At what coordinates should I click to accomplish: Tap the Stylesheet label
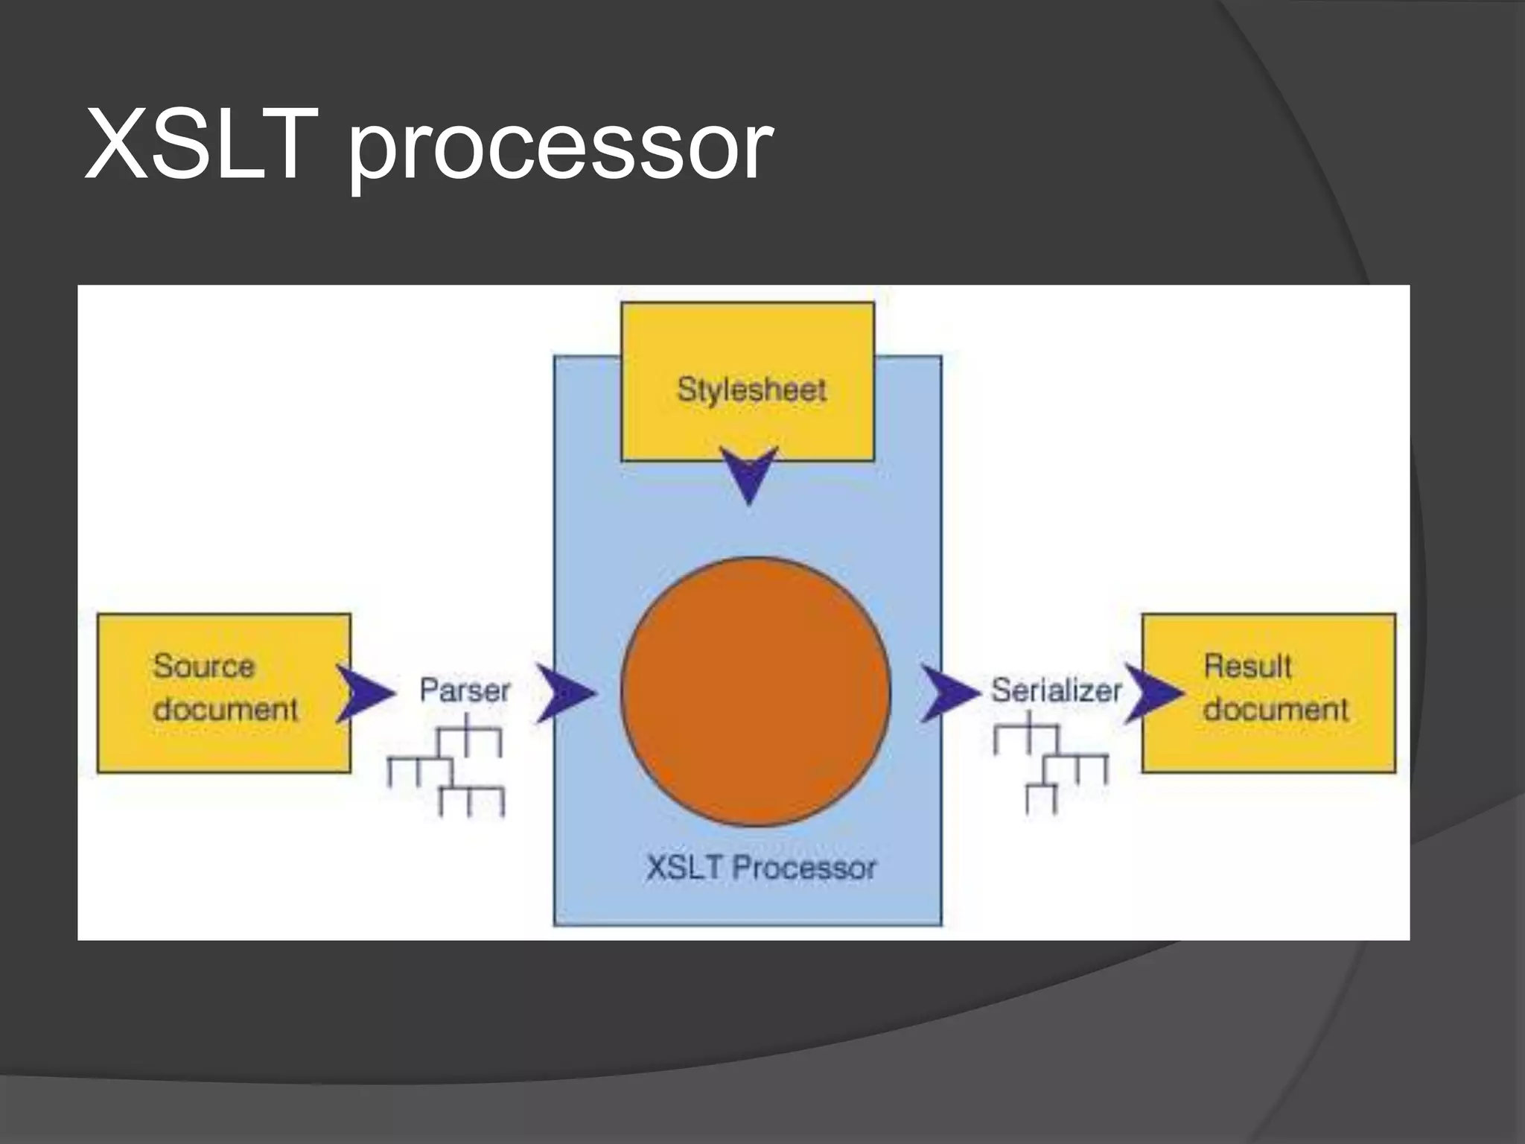[751, 390]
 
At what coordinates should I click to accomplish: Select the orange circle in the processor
[755, 692]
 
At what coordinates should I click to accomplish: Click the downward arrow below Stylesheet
[750, 475]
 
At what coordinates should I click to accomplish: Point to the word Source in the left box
[204, 665]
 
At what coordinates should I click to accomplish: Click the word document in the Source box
[225, 708]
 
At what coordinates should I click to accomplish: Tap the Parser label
[465, 690]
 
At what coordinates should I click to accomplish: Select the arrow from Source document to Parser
[363, 693]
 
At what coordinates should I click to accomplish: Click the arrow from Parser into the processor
[564, 693]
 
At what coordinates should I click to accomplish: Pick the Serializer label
[1056, 690]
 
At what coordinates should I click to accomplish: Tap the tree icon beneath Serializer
[1050, 761]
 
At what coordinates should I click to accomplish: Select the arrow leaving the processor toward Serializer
[948, 693]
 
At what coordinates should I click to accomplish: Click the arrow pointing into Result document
[1151, 693]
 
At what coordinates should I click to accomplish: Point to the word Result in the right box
[1247, 665]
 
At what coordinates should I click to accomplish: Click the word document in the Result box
[1276, 708]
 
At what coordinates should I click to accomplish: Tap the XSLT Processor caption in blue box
[761, 868]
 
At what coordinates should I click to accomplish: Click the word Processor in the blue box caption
[804, 868]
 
